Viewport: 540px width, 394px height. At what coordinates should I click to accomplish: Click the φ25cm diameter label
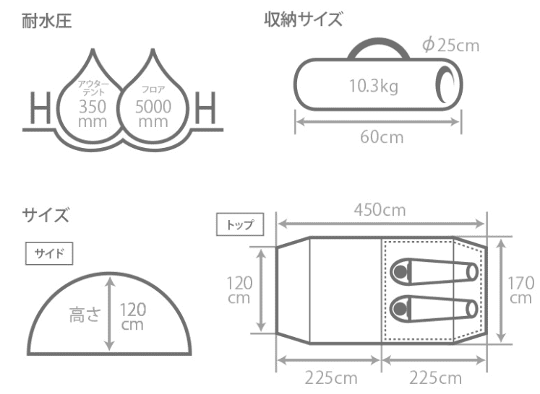click(450, 46)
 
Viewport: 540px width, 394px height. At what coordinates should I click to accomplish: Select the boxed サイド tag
click(49, 253)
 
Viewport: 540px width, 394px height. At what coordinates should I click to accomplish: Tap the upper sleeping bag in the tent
click(433, 272)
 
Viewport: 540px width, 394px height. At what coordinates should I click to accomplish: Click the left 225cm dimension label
click(329, 378)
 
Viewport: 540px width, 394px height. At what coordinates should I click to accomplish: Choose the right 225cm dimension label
click(435, 378)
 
